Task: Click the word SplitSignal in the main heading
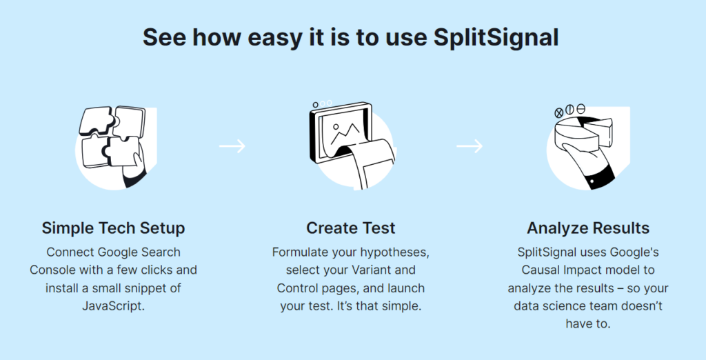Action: [x=496, y=37]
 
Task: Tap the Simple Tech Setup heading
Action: [x=113, y=228]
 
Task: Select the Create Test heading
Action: [x=351, y=228]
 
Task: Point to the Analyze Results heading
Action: [x=588, y=228]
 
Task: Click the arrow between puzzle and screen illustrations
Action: [x=232, y=146]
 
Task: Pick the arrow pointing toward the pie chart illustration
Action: [x=470, y=146]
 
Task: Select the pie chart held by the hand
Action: [x=586, y=134]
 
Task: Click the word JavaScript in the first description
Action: [x=113, y=305]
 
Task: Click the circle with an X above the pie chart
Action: [x=559, y=112]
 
